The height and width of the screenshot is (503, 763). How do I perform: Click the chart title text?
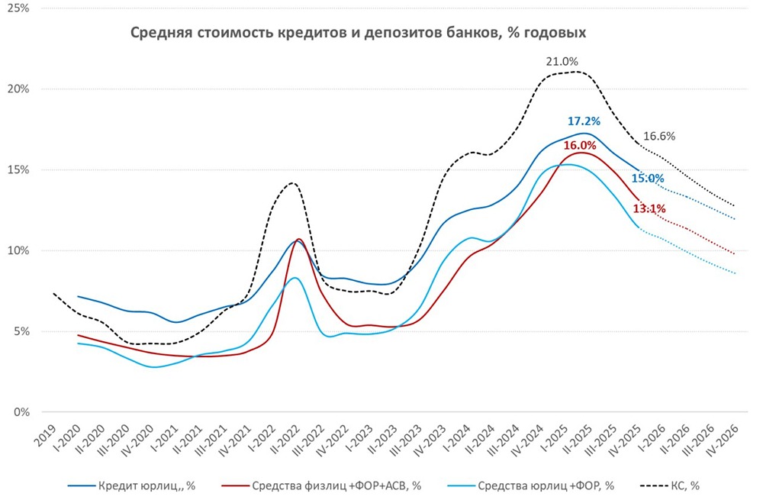pos(358,33)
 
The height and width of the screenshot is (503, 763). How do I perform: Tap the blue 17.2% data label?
pos(584,121)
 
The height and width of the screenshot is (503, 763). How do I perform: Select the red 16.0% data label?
pos(579,145)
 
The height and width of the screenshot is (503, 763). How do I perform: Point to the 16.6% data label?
pos(659,137)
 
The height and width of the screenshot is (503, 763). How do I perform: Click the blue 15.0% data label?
pos(648,179)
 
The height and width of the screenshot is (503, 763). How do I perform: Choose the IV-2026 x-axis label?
pos(727,442)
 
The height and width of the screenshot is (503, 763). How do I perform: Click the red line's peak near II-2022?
pos(298,240)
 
